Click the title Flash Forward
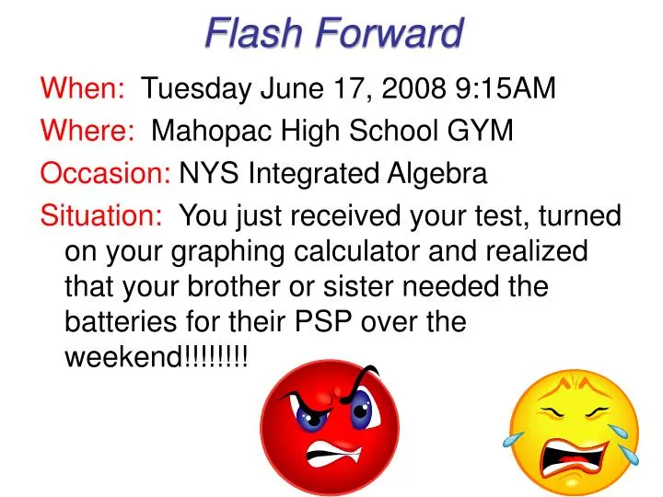click(x=333, y=33)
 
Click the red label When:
click(x=84, y=88)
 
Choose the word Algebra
click(x=436, y=173)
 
